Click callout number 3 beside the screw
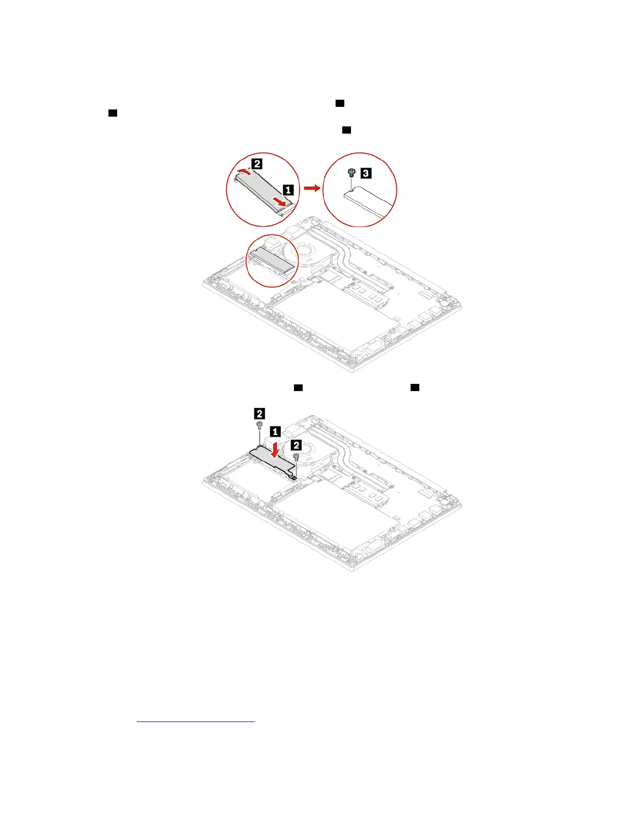coord(365,173)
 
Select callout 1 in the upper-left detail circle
coord(289,190)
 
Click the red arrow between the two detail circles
coord(311,189)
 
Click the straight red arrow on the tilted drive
coord(279,201)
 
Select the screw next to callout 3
coord(351,173)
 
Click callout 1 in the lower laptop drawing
coord(275,432)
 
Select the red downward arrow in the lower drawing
coord(276,449)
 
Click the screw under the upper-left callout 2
coord(260,425)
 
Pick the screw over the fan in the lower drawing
coord(296,456)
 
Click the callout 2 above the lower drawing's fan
coord(297,445)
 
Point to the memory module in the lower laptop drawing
coord(366,493)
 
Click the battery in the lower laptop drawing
coord(334,519)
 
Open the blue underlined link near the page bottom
coord(196,721)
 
